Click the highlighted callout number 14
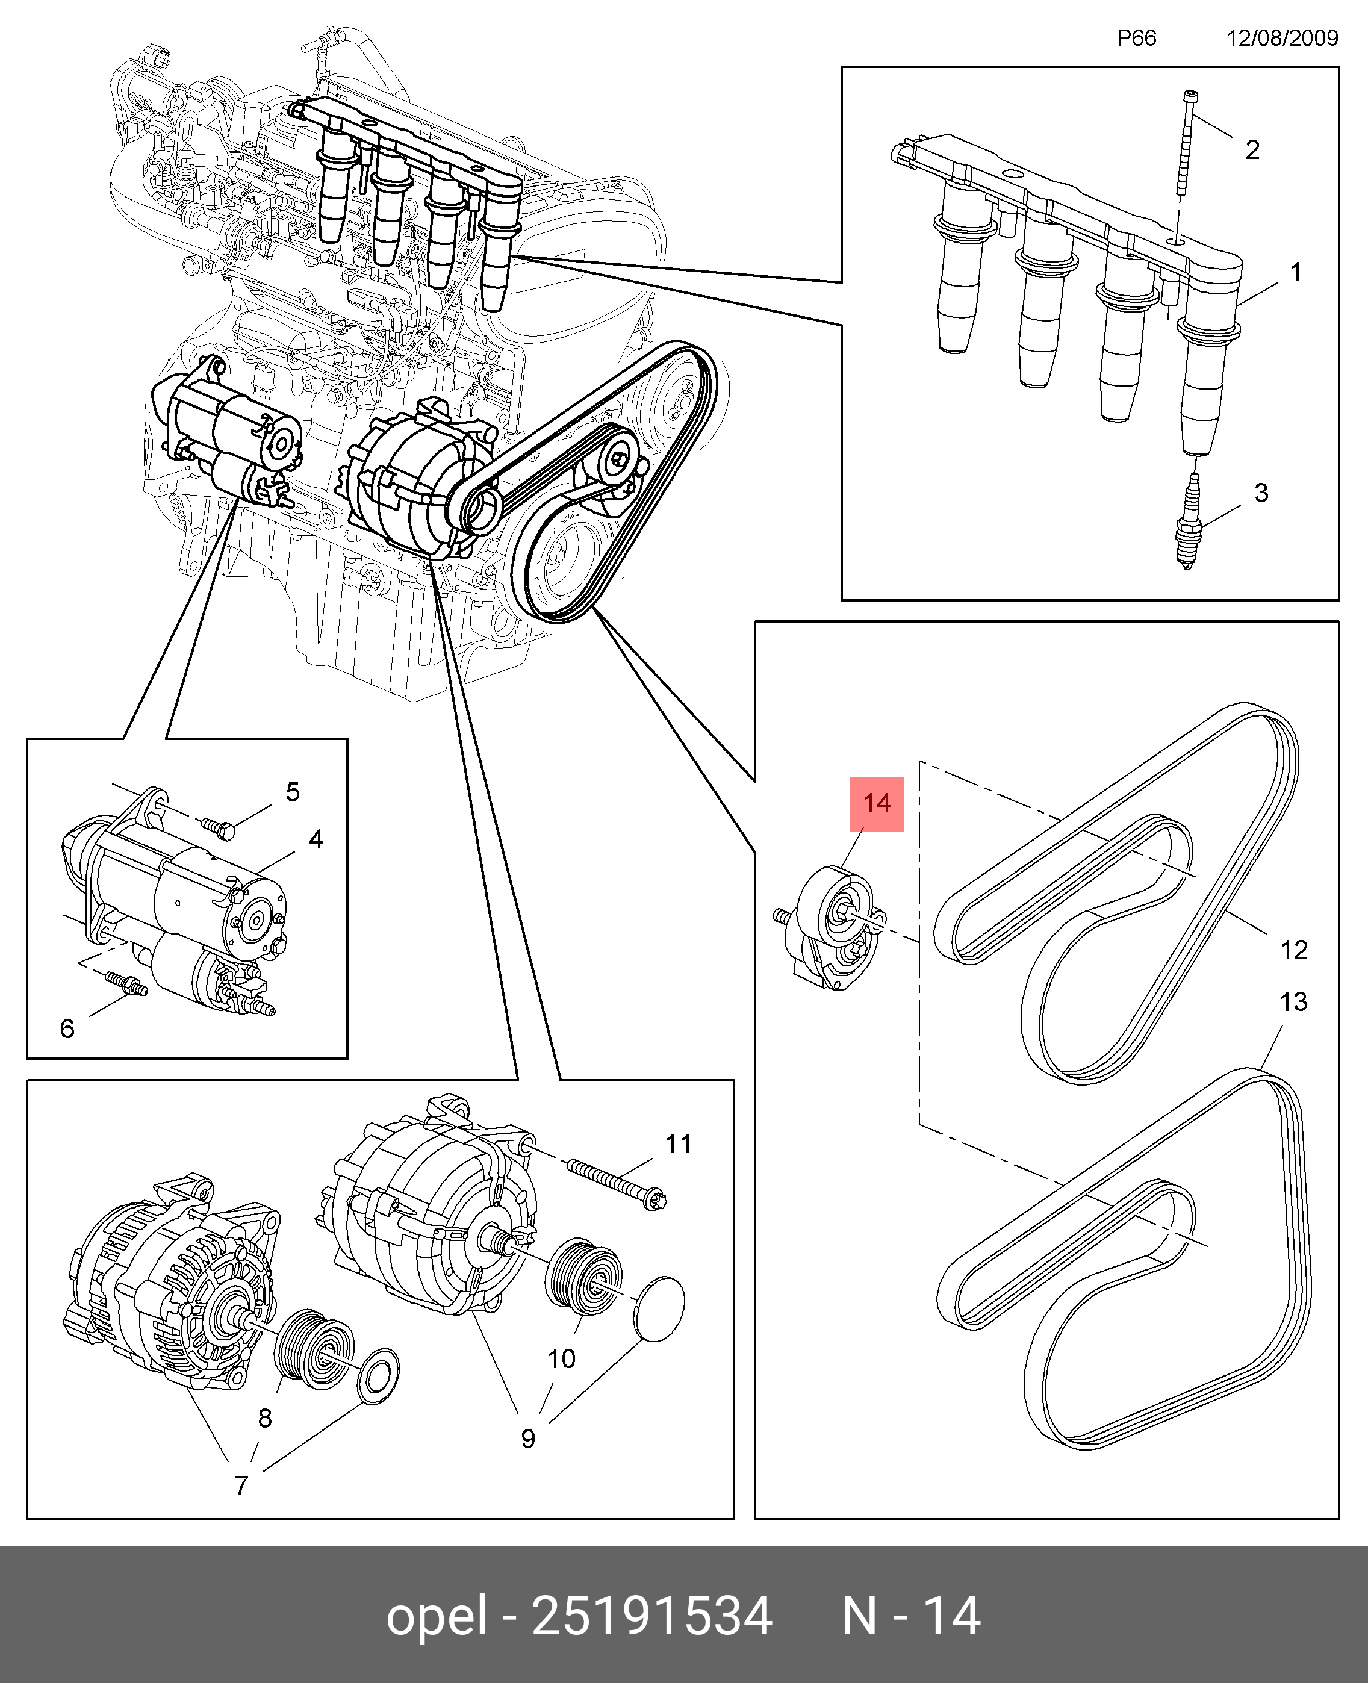coord(876,804)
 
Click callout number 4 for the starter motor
coord(316,839)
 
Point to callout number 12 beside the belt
coord(1294,950)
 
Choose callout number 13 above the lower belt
coord(1294,1001)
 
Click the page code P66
coord(1136,38)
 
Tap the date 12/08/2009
coord(1282,38)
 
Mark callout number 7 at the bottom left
coord(242,1485)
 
